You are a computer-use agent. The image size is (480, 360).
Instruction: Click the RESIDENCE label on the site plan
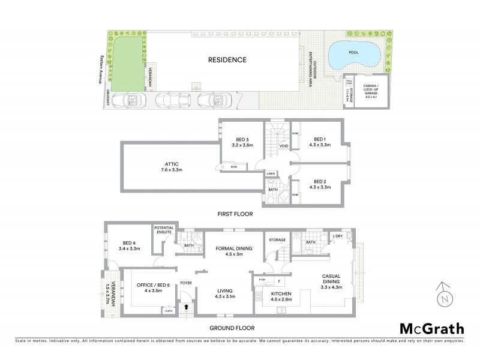point(227,59)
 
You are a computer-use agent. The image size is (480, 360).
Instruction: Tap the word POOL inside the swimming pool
point(355,52)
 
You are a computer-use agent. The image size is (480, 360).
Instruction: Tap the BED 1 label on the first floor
point(319,142)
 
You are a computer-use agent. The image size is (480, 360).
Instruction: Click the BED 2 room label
point(319,185)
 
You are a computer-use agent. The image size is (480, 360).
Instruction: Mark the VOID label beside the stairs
point(284,145)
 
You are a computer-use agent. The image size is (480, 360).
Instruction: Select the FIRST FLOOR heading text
point(236,214)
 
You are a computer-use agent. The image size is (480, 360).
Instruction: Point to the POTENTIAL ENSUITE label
point(164,230)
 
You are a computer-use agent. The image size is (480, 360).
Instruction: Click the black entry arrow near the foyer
point(186,307)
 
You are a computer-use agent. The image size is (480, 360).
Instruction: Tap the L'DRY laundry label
point(337,236)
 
